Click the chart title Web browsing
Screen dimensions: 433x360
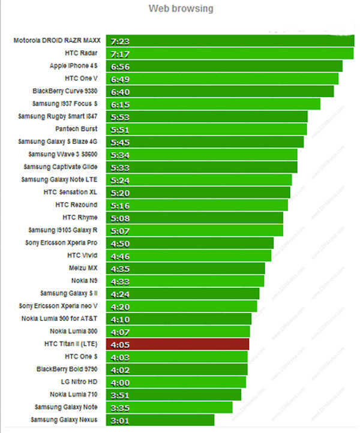[181, 9]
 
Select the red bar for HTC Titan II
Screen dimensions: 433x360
[178, 344]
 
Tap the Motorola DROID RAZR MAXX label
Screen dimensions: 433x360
[57, 41]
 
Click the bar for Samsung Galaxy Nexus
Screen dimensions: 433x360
[160, 420]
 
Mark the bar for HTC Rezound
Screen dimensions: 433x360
[197, 205]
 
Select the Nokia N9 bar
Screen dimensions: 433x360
[185, 281]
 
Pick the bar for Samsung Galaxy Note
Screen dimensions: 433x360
[169, 407]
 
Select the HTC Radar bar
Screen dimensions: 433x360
[230, 53]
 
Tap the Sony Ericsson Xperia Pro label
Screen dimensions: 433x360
[64, 242]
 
